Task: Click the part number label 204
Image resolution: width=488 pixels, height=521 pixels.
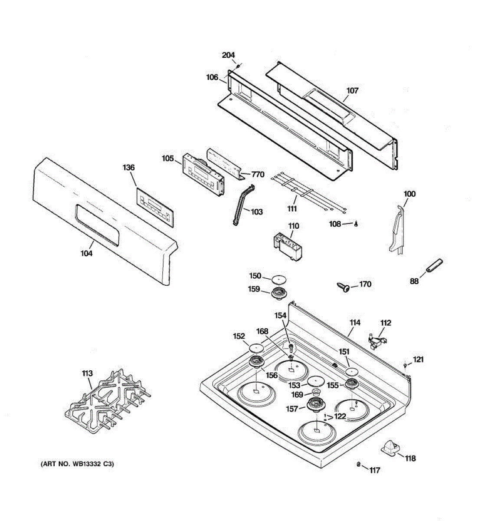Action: point(228,55)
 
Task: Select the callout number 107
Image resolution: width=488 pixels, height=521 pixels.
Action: point(352,91)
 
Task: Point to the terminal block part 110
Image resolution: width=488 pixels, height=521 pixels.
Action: point(287,245)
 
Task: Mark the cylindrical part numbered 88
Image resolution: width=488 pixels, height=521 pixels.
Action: point(434,265)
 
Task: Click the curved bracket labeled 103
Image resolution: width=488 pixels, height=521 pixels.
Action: point(243,204)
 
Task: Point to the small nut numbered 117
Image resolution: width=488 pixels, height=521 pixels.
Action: point(359,465)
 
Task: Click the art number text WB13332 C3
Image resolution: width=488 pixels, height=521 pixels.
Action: point(78,464)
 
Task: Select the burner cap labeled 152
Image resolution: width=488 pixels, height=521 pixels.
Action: point(256,347)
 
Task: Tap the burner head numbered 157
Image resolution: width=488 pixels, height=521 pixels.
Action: point(316,405)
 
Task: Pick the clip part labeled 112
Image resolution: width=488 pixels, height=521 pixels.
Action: point(377,340)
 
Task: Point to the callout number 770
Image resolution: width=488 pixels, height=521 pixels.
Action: point(258,175)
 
